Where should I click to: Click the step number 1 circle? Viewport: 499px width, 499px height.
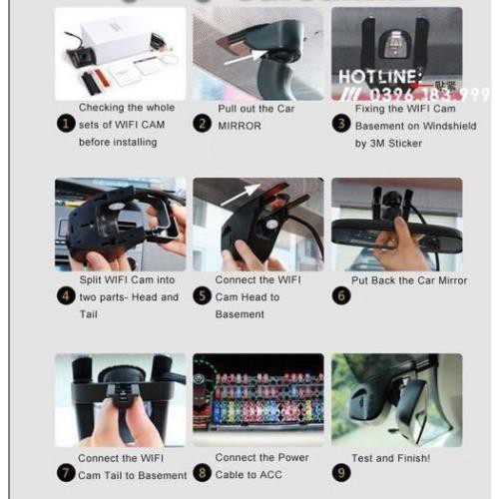66,125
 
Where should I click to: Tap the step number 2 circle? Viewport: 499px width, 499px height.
203,125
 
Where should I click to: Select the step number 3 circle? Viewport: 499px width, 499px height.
340,125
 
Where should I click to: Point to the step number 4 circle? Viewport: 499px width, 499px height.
66,296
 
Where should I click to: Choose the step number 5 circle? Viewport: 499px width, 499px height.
203,296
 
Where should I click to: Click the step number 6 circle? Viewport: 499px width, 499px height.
340,296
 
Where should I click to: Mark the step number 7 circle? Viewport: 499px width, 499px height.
66,474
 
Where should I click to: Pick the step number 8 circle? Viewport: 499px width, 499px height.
203,474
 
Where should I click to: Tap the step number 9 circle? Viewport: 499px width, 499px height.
340,474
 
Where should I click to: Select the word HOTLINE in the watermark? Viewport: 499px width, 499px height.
370,76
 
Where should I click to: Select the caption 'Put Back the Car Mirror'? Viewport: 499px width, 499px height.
410,281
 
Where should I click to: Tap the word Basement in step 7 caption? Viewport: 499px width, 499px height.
160,475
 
